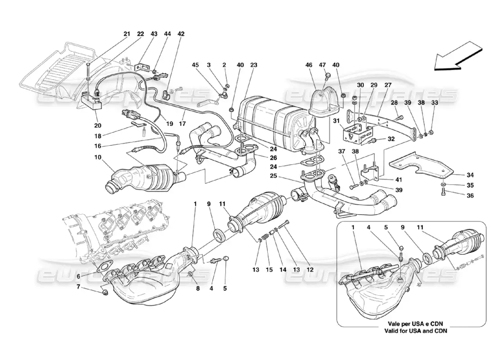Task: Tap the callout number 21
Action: pyautogui.click(x=126, y=34)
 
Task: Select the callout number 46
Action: pyautogui.click(x=309, y=65)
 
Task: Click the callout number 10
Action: pyautogui.click(x=98, y=157)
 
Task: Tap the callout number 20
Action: pyautogui.click(x=98, y=126)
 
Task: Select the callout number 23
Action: pyautogui.click(x=254, y=65)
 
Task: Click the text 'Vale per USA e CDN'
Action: pyautogui.click(x=411, y=323)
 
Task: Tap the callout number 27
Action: pyautogui.click(x=388, y=84)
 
